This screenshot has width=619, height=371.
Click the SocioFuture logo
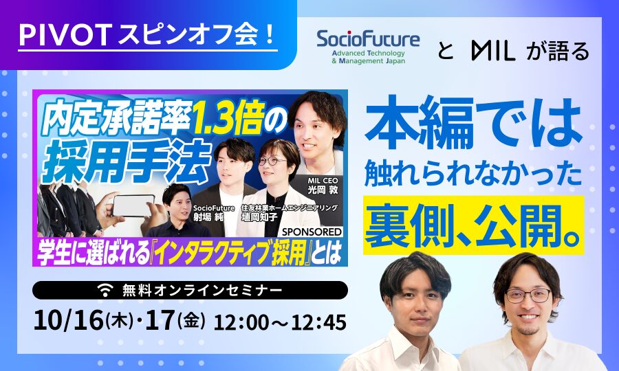pyautogui.click(x=368, y=47)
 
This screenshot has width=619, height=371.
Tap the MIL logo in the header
pyautogui.click(x=493, y=52)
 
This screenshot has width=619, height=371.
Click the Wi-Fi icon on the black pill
pyautogui.click(x=105, y=291)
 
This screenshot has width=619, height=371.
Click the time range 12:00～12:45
pyautogui.click(x=279, y=322)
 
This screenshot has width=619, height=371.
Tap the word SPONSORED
pyautogui.click(x=312, y=232)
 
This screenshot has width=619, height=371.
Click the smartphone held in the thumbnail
pyautogui.click(x=133, y=205)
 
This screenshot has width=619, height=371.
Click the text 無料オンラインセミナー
pyautogui.click(x=202, y=291)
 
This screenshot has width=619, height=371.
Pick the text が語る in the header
pyautogui.click(x=557, y=52)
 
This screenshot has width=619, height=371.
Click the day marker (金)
pyautogui.click(x=191, y=321)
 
